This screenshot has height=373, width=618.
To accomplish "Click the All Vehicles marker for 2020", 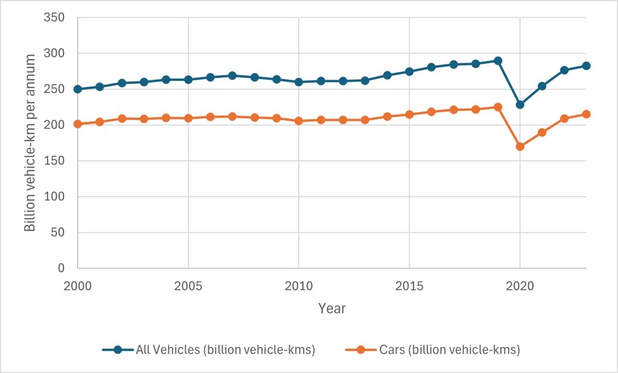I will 520,104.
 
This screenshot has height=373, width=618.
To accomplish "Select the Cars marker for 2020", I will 520,146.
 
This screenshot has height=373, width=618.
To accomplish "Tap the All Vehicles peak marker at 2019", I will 498,61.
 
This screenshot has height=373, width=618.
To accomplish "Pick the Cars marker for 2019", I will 498,107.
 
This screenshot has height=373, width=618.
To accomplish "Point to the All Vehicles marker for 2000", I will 78,89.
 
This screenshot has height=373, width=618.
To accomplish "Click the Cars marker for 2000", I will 78,124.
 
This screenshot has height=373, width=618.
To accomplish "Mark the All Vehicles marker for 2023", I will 586,66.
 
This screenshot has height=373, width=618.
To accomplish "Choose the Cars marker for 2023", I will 586,114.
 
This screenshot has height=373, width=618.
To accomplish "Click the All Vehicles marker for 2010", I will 299,81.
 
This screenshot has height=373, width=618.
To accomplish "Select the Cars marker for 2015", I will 409,114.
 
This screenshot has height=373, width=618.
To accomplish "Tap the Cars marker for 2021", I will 542,132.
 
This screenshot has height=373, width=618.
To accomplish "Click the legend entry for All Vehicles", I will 209,349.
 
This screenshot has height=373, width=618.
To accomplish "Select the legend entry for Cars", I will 432,349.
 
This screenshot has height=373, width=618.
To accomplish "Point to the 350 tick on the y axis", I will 57,18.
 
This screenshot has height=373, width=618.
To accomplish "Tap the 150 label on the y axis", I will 57,161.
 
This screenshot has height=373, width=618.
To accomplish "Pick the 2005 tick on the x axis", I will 188,284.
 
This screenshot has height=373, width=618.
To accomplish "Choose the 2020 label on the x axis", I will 520,284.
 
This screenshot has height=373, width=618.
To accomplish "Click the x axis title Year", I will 332,308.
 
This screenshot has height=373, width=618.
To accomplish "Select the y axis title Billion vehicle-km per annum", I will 30,143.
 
